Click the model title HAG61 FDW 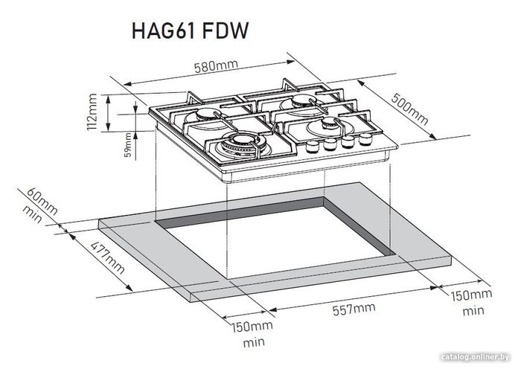190,31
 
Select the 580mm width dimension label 216,66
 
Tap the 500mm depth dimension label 409,109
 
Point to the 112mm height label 92,112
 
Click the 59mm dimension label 128,145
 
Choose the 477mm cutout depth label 108,257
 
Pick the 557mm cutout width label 354,309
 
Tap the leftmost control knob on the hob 313,146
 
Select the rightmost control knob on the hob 365,139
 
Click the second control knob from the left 330,144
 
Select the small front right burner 327,126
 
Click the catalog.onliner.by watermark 475,357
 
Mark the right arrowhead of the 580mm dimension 290,62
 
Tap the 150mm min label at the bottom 252,334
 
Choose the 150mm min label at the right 471,302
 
